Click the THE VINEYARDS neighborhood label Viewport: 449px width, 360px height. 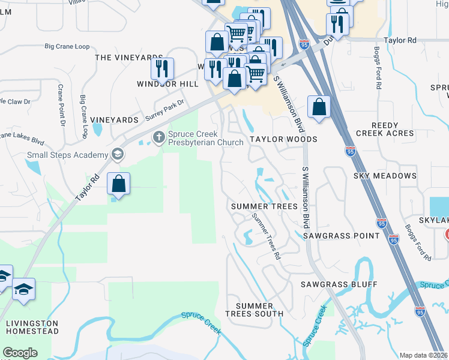pos(129,58)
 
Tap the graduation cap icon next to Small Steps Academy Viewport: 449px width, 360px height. pos(117,155)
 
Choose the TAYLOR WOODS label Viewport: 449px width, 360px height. pos(283,139)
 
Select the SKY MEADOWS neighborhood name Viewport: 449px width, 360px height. pos(385,176)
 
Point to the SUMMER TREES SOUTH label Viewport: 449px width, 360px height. pos(254,310)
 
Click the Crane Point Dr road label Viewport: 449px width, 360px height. pos(61,106)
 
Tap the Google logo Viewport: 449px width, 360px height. pos(20,353)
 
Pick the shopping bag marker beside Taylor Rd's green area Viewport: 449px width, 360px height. pos(119,184)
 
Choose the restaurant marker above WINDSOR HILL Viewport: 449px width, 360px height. pos(161,68)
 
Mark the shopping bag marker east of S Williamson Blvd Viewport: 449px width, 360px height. pos(319,107)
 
